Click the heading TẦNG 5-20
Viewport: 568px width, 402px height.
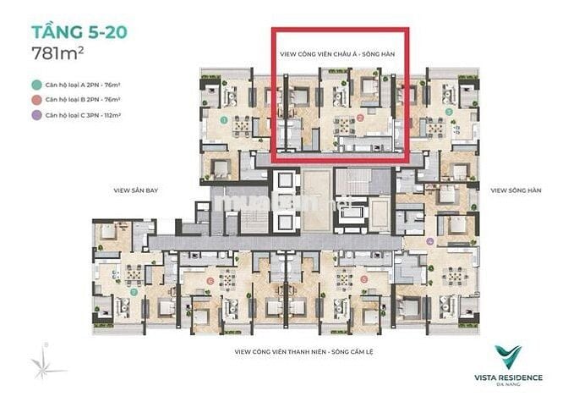click(x=78, y=34)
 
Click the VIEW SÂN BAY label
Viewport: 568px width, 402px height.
click(x=136, y=191)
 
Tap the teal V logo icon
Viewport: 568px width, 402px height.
click(x=508, y=355)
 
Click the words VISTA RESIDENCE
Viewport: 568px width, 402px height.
click(x=509, y=377)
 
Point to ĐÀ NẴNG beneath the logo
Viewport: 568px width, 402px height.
click(x=509, y=385)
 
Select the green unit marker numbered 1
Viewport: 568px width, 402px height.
click(x=224, y=120)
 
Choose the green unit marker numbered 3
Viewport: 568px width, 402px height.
click(x=449, y=111)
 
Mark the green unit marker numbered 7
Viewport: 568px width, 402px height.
click(x=134, y=292)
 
